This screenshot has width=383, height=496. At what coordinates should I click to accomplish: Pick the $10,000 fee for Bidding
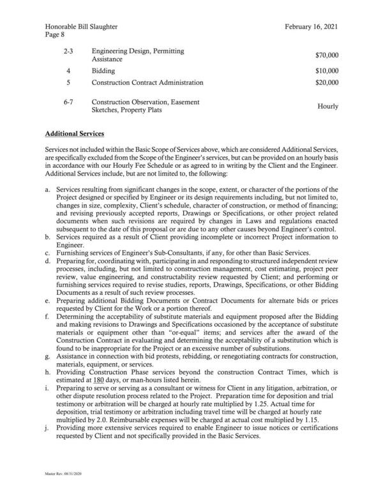click(327, 70)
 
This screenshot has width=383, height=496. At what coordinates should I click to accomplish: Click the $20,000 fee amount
click(327, 83)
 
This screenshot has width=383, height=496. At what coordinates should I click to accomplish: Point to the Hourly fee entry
click(328, 107)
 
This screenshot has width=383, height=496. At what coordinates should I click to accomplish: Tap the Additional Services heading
click(77, 135)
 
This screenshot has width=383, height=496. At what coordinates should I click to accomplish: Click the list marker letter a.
click(48, 190)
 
